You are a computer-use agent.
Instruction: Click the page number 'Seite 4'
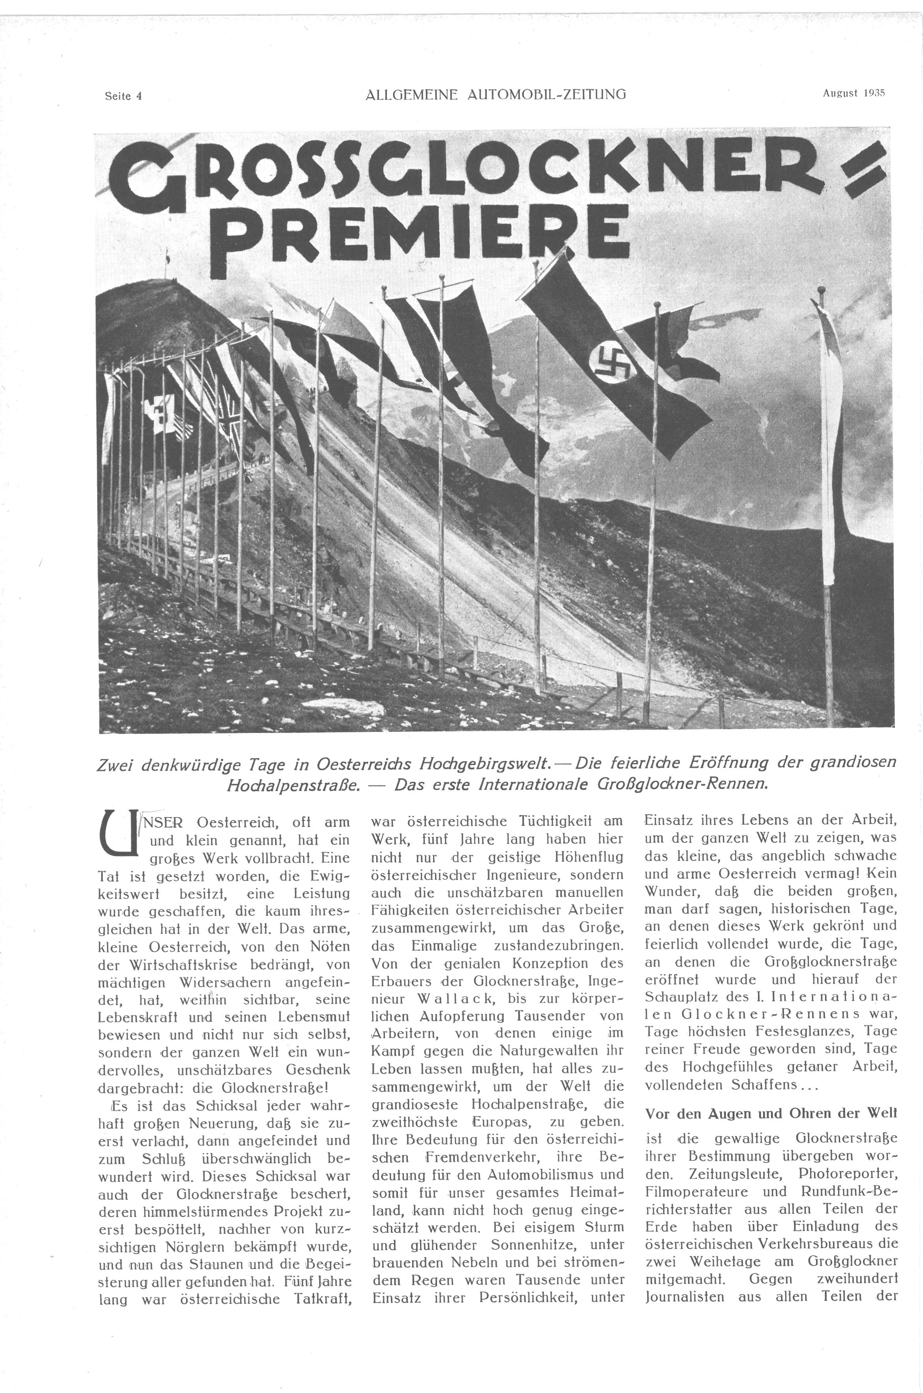click(x=123, y=96)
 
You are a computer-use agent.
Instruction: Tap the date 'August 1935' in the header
click(x=854, y=93)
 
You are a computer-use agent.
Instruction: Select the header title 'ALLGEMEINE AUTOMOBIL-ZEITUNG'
click(x=495, y=94)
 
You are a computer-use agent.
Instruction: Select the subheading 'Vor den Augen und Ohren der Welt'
click(x=771, y=1114)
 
